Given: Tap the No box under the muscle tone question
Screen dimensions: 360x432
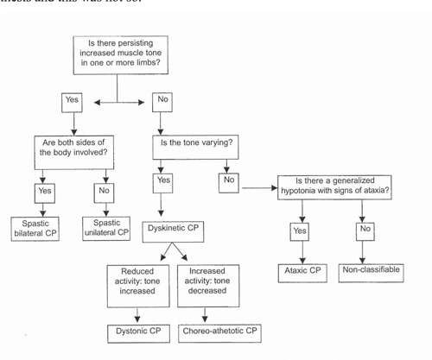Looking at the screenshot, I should pyautogui.click(x=162, y=101).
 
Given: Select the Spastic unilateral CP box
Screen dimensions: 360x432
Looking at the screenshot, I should pyautogui.click(x=105, y=229).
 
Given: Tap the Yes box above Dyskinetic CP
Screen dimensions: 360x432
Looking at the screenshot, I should pyautogui.click(x=162, y=181).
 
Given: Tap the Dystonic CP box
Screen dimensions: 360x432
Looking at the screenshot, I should pyautogui.click(x=138, y=331).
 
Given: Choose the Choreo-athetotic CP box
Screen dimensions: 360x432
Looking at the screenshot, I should pyautogui.click(x=219, y=331).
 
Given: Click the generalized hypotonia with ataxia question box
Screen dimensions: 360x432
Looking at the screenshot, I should pyautogui.click(x=334, y=187).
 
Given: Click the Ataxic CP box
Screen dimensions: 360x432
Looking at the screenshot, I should pyautogui.click(x=305, y=271).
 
